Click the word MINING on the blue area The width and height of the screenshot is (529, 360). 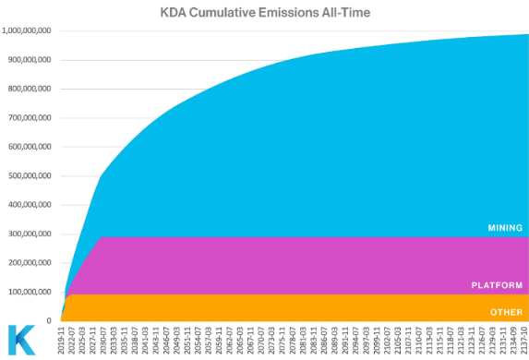(505, 227)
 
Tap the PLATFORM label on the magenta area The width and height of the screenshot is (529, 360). (498, 286)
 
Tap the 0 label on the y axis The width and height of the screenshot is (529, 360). (54, 321)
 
